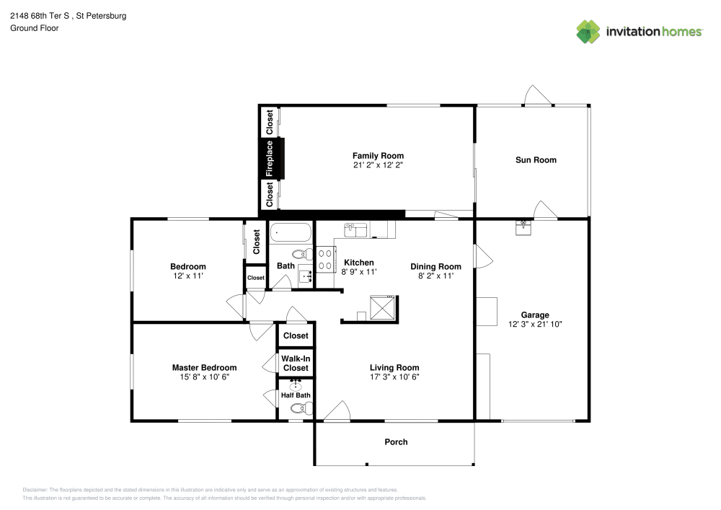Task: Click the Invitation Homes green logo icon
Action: coord(588,31)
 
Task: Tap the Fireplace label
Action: coord(270,158)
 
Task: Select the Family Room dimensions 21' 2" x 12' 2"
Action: coord(378,165)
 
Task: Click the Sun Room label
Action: coord(536,159)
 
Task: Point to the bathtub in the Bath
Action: coord(291,234)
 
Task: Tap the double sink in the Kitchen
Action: coord(355,229)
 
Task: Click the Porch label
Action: coord(396,442)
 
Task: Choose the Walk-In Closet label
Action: coord(295,363)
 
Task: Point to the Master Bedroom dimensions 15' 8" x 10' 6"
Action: coord(204,377)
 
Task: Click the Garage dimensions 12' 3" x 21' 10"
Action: coord(535,325)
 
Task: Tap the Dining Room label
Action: coord(435,266)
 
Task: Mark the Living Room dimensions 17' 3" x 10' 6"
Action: coord(394,377)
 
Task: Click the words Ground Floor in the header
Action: coord(35,28)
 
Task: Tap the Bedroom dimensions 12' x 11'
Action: coord(188,276)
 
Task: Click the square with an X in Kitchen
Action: coord(382,307)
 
